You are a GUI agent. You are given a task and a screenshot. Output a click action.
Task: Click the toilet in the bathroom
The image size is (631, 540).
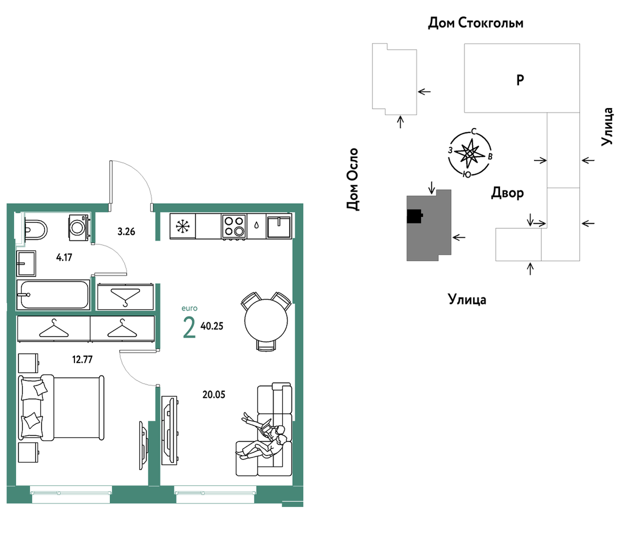[x=35, y=230]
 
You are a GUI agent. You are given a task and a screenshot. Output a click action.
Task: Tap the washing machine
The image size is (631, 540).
[x=79, y=228]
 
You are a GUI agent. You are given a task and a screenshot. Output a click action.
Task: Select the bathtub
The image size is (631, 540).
[x=53, y=295]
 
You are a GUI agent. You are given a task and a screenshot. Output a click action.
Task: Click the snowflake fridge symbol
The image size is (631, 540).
[x=183, y=226]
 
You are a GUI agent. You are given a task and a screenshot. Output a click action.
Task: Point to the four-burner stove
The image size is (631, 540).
[x=234, y=226]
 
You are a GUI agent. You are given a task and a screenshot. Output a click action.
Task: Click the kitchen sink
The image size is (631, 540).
[x=279, y=226]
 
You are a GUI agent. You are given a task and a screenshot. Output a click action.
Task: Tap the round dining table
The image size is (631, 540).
[x=266, y=321]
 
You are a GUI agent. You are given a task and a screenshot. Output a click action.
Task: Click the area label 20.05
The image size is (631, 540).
[x=213, y=394]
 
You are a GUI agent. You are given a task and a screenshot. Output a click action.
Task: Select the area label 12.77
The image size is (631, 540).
[x=82, y=359]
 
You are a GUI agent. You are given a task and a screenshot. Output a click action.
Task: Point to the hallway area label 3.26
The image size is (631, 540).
[x=126, y=232]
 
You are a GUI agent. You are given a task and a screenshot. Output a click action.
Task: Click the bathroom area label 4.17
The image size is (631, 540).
[x=64, y=257]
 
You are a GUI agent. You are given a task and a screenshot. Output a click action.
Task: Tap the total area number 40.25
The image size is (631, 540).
[x=212, y=326]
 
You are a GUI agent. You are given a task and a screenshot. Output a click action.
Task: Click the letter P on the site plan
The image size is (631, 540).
[x=520, y=80]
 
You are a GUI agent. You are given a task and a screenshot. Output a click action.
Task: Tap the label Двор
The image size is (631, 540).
[x=507, y=193]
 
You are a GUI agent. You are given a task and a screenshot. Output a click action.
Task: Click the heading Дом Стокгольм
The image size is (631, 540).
[x=475, y=23]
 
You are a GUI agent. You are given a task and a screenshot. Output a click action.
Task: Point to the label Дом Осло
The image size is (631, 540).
[x=352, y=179]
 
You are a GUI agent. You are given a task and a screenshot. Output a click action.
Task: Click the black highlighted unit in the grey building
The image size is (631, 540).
[x=415, y=216]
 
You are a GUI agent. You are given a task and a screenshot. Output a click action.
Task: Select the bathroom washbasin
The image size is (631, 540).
[x=26, y=264]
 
